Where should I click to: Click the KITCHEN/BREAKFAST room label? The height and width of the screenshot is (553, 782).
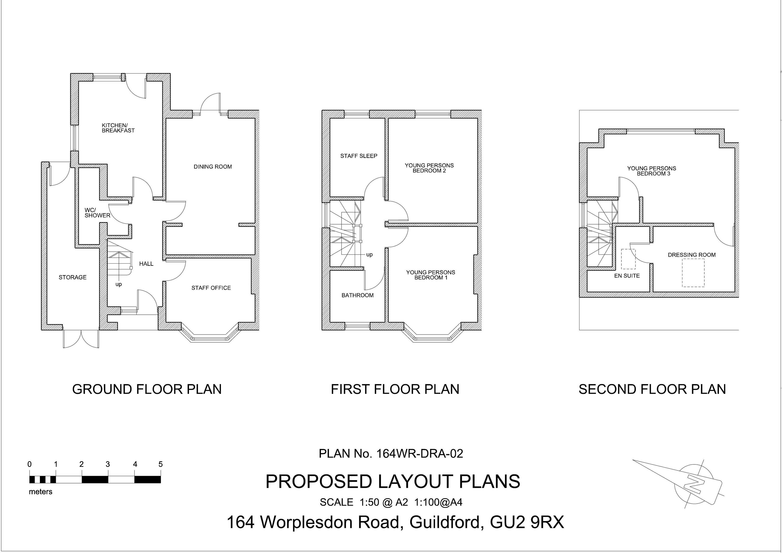click(118, 128)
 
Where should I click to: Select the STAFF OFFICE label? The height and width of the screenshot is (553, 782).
click(211, 288)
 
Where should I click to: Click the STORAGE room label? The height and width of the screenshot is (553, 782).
click(72, 277)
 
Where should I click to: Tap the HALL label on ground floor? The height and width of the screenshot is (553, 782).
click(146, 264)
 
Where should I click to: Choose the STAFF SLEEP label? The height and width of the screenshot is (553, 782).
click(359, 156)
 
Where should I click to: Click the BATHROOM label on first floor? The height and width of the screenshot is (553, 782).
click(357, 295)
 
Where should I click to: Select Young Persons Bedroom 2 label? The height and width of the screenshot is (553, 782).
click(429, 168)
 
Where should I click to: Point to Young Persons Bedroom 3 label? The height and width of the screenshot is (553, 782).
click(652, 171)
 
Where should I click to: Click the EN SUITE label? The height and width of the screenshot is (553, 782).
click(627, 276)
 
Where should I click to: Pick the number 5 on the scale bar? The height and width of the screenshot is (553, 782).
click(160, 464)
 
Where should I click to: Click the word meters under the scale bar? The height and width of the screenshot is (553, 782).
click(40, 492)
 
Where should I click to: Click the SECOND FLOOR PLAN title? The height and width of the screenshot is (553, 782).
click(652, 389)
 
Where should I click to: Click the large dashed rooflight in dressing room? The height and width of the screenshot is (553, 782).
click(693, 272)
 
